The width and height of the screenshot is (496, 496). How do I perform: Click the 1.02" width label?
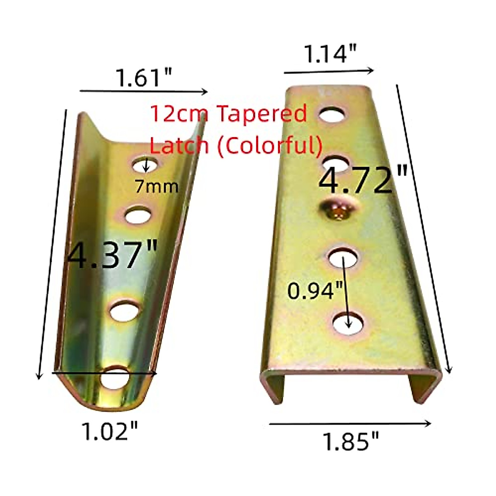110,432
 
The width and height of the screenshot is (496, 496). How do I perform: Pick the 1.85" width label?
351,441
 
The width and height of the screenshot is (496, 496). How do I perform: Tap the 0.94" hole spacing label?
316,291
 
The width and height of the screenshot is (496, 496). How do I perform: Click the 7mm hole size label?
156,187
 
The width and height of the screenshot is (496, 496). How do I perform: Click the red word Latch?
179,145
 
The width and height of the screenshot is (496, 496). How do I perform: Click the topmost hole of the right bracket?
332,114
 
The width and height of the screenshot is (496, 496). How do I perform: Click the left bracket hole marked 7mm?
145,165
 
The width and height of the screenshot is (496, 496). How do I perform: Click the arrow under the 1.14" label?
329,72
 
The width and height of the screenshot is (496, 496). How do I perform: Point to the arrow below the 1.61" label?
143,91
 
